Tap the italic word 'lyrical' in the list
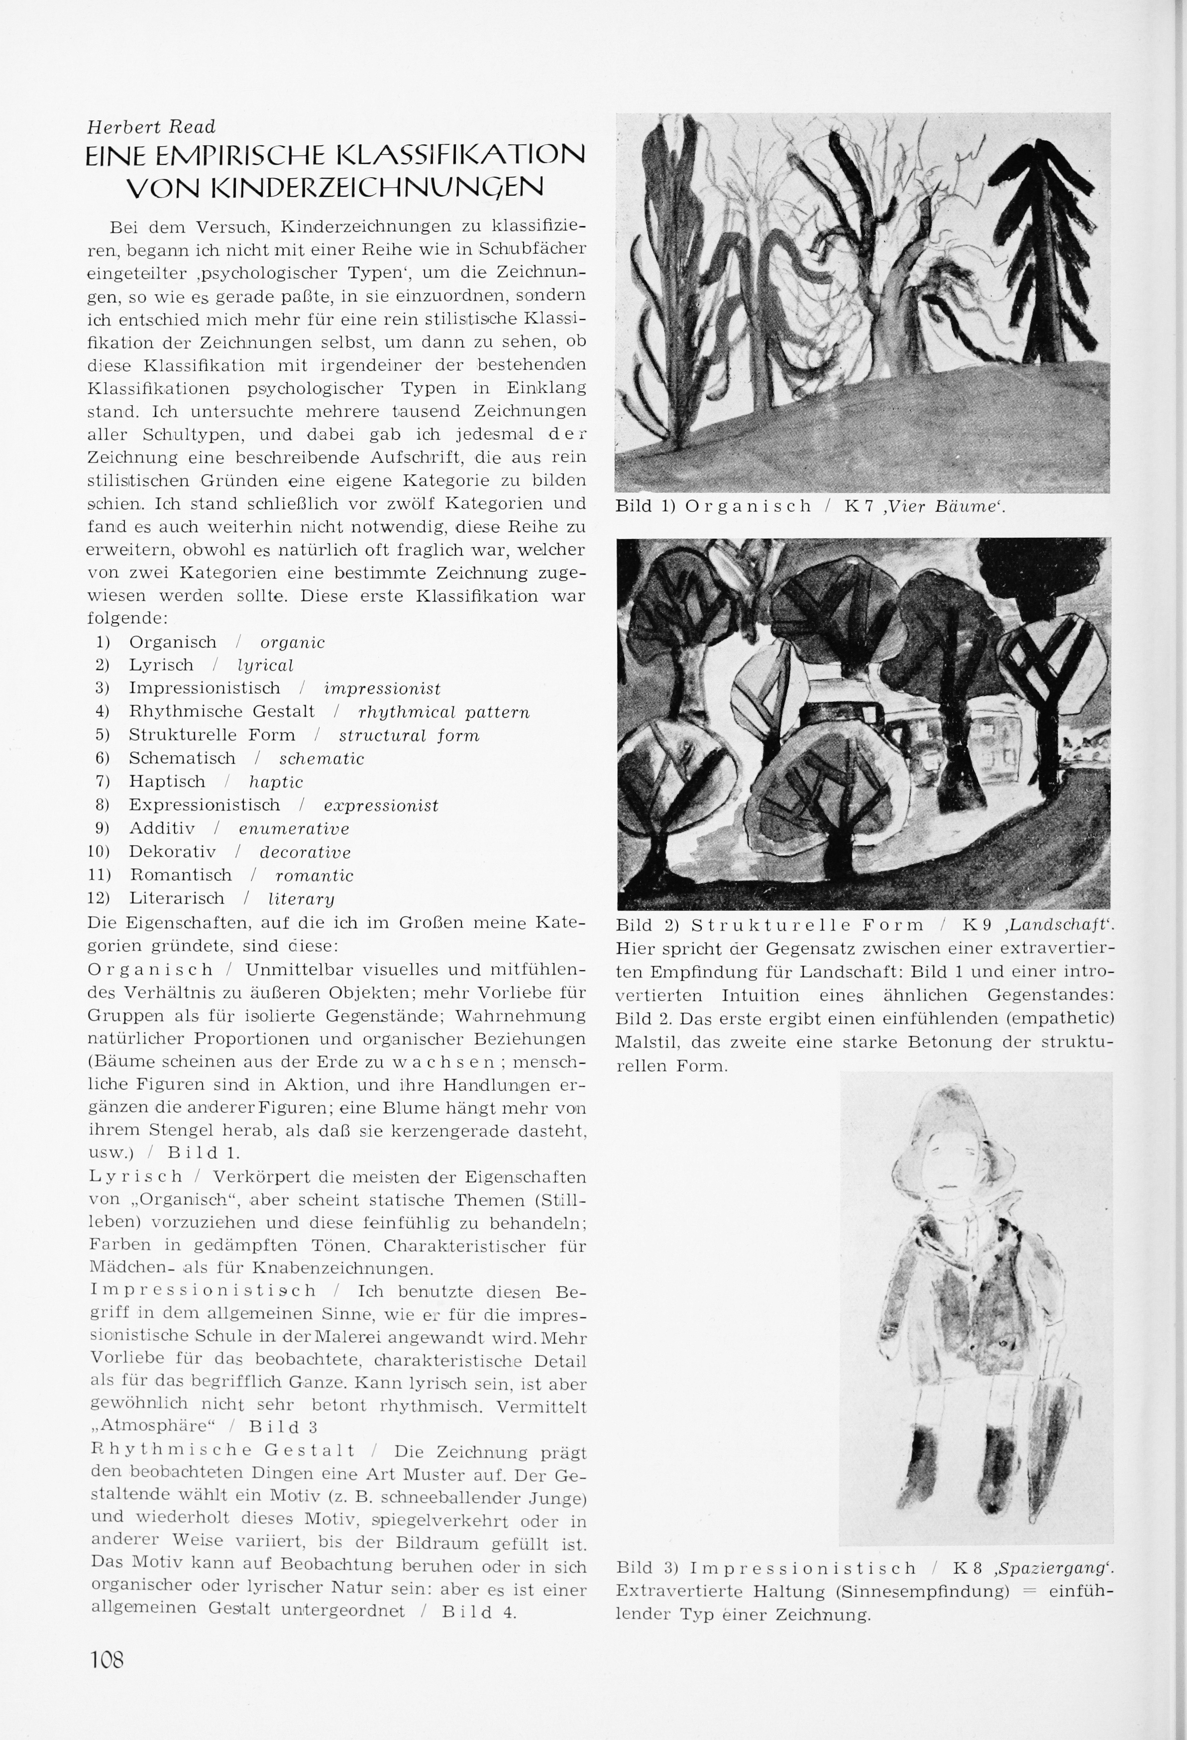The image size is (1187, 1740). [x=265, y=666]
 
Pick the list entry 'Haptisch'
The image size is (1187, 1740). [x=167, y=782]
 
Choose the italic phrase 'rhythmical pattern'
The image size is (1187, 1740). [x=444, y=712]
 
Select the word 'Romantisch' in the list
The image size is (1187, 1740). [x=180, y=875]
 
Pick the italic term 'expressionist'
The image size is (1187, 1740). [x=381, y=806]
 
